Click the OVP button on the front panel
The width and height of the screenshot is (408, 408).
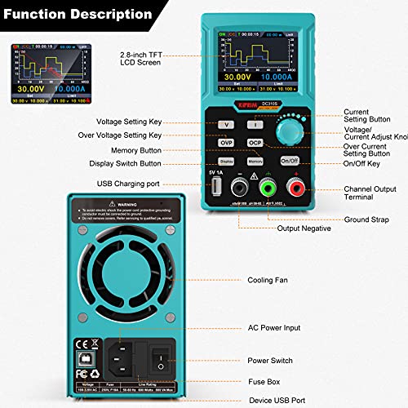228,142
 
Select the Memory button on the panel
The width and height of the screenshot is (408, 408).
255,162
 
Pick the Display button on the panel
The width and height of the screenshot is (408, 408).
227,162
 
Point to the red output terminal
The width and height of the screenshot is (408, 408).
292,190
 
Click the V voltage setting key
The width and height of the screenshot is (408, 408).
228,124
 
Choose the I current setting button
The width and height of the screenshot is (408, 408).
255,124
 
